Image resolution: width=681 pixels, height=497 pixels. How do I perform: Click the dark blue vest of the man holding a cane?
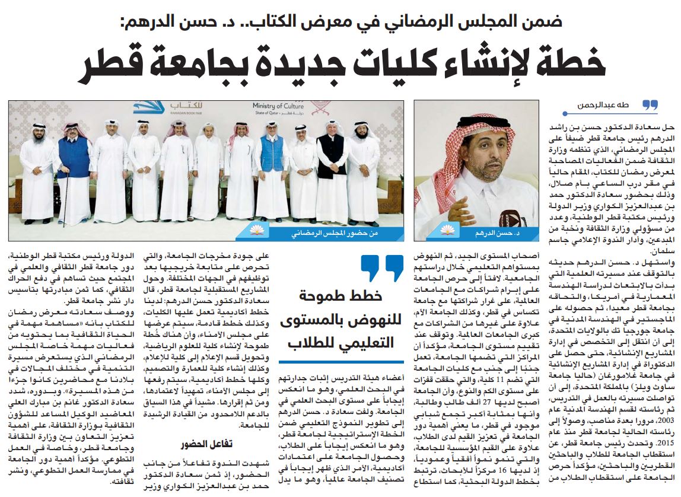point(74,158)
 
